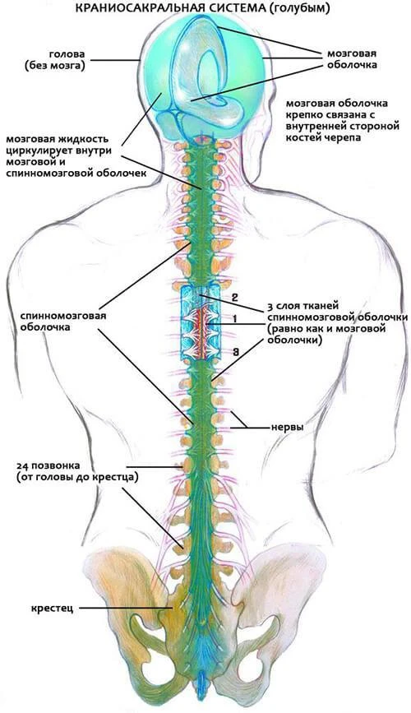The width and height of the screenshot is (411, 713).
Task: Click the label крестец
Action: click(53, 608)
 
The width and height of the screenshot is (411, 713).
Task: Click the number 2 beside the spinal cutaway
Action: click(234, 299)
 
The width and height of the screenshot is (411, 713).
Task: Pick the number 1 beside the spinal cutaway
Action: click(234, 319)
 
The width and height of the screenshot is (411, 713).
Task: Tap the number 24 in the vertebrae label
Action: click(23, 465)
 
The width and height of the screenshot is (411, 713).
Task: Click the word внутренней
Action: click(318, 126)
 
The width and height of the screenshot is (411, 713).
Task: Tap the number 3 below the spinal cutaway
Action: click(235, 350)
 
